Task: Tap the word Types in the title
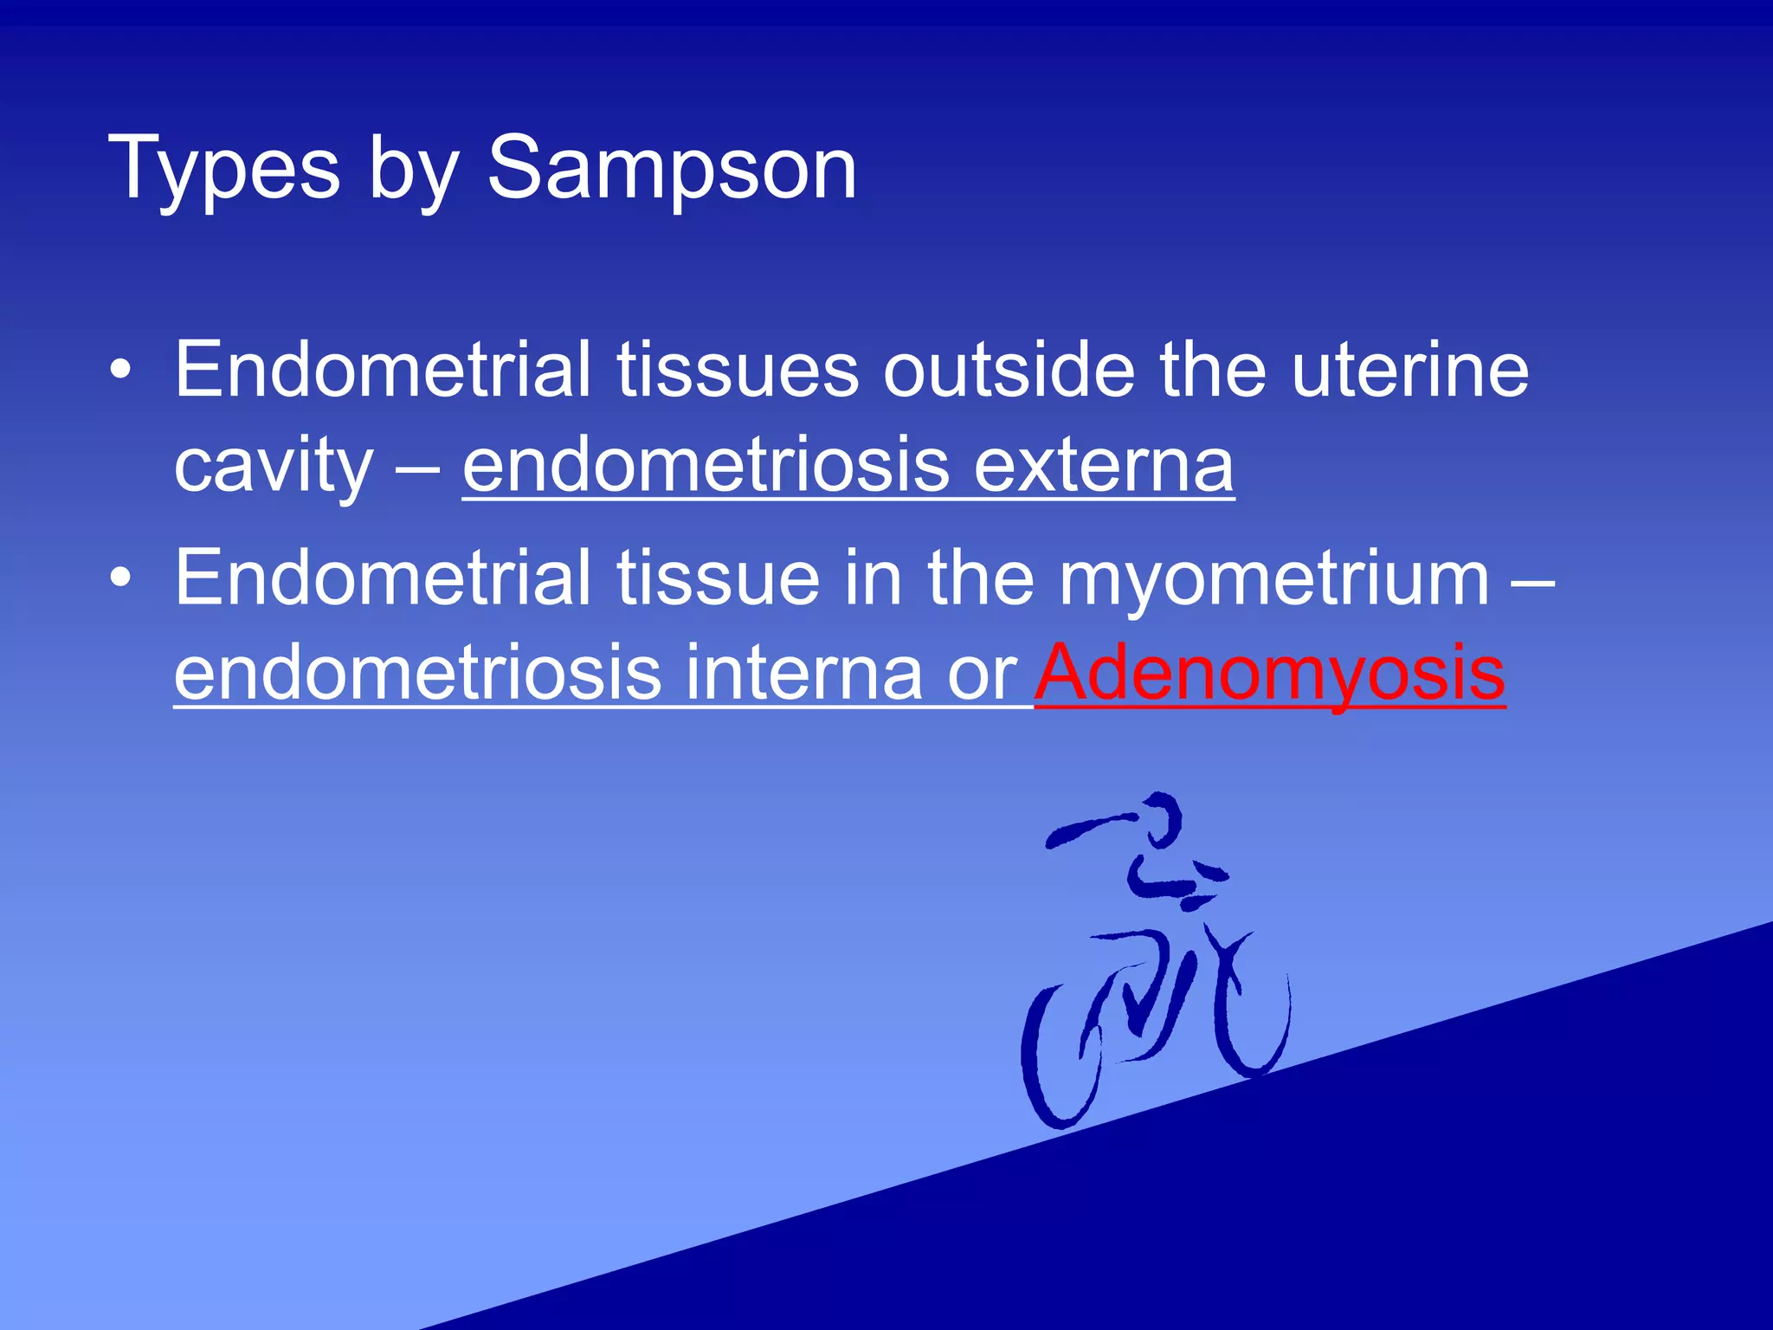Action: coord(224,169)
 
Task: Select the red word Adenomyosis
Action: coord(1270,673)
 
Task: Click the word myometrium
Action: coord(1273,578)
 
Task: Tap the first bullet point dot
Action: coord(121,371)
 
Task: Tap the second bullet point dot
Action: coord(121,578)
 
